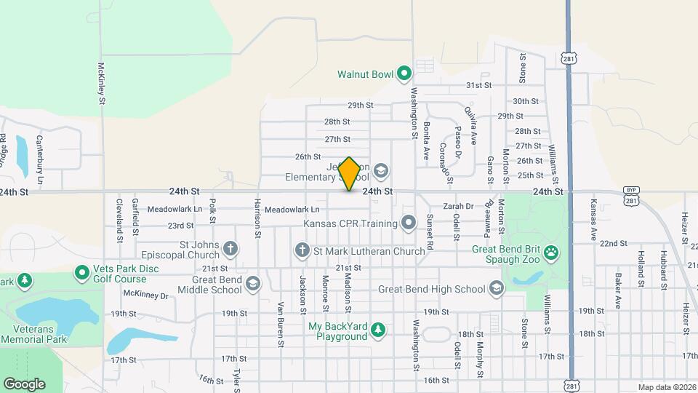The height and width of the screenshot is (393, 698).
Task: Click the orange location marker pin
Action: (x=349, y=174)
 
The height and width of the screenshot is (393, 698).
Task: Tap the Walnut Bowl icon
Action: (x=404, y=73)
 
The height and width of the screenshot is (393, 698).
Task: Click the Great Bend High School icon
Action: (x=497, y=289)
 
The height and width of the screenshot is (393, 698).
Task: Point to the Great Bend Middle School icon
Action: (x=252, y=284)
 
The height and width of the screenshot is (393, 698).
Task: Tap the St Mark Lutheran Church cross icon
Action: (x=302, y=251)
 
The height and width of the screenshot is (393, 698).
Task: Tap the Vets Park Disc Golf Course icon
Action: (x=83, y=274)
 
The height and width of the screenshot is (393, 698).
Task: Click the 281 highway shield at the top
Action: (x=568, y=57)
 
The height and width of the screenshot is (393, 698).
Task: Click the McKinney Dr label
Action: (x=145, y=295)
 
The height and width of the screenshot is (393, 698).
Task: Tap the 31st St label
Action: (x=479, y=85)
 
